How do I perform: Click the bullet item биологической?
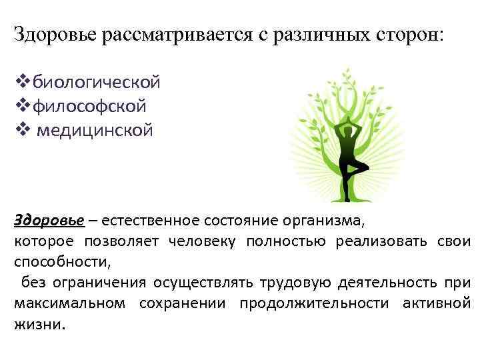coord(97,83)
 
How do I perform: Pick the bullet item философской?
coord(90,106)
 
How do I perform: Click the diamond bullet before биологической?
coord(21,83)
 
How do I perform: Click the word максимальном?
coord(69,304)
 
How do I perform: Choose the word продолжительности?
coord(314,304)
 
